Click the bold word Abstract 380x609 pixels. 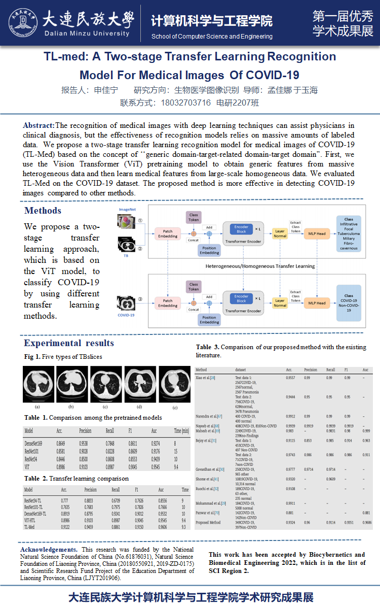tap(39, 125)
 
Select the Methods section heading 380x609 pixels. tap(43, 211)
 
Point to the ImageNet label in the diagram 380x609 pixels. tap(127, 209)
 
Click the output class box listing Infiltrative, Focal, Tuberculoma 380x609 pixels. tap(349, 234)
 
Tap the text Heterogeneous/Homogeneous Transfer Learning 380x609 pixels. tap(260, 266)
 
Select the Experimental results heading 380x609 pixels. tap(69, 343)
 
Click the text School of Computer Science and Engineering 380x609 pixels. tap(212, 37)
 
